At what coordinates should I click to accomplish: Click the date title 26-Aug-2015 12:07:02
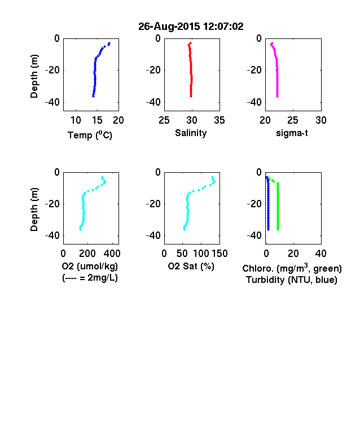coord(191,27)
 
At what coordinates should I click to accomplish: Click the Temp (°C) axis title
coord(90,135)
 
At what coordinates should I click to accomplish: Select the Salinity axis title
coord(191,133)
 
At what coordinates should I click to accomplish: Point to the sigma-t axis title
coord(292,133)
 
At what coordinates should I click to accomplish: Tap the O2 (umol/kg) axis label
coord(90,266)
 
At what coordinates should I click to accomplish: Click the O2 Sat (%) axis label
coord(191,266)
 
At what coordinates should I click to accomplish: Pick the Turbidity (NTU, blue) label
coord(292,280)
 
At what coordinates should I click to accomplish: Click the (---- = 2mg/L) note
coord(90,277)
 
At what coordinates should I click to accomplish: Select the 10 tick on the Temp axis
coord(76,120)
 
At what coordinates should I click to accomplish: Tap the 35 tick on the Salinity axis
coord(219,120)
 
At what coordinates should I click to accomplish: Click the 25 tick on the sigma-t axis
coord(292,120)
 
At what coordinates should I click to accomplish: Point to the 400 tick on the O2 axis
coord(112,254)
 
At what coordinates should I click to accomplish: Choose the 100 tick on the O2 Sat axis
coord(201,254)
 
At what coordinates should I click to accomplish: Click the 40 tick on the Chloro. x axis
coord(321,254)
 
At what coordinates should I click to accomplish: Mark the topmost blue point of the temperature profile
coord(109,43)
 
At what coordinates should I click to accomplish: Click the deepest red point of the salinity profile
coord(191,96)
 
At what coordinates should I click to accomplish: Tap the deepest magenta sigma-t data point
coord(277,96)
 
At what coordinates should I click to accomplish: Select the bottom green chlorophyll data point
coord(278,229)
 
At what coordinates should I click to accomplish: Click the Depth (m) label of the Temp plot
coord(34,76)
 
